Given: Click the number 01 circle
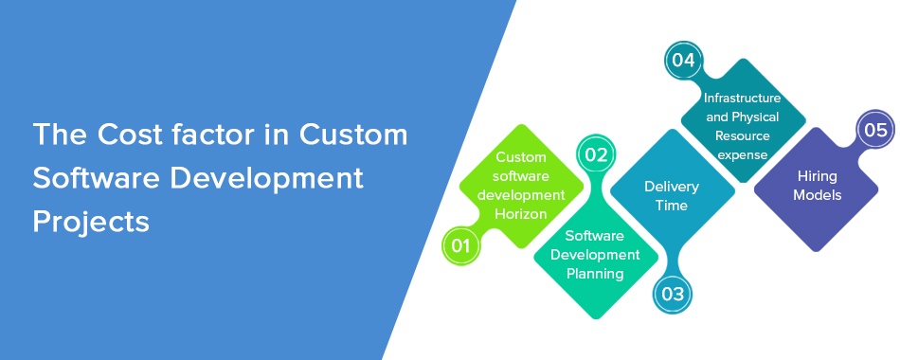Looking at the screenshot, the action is click(461, 246).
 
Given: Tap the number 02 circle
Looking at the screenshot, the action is click(596, 155).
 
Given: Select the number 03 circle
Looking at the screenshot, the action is click(672, 295).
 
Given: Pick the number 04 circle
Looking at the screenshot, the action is click(684, 61).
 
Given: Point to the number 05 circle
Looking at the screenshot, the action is click(875, 130).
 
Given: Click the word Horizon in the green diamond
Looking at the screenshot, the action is click(521, 214).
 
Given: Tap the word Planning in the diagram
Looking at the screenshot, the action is click(595, 274).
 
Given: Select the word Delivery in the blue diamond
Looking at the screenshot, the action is click(672, 187).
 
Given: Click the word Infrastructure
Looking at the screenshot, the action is click(742, 98).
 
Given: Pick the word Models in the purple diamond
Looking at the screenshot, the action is click(817, 195).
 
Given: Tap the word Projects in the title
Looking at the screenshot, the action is click(91, 222).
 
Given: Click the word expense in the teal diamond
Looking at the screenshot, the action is click(742, 155).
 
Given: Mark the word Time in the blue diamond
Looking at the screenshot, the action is click(672, 205).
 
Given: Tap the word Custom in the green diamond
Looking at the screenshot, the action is click(521, 156).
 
